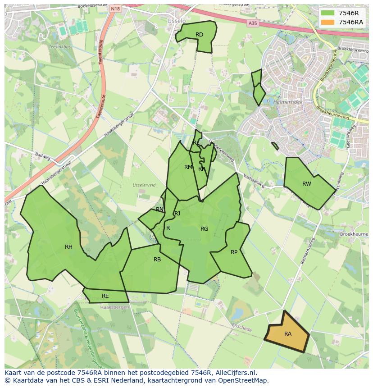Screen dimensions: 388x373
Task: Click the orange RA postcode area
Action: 287,334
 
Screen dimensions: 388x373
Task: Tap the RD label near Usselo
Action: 199,35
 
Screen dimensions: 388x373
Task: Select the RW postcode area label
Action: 307,183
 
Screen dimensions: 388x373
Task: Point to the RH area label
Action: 68,246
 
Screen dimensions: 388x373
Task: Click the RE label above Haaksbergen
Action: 105,296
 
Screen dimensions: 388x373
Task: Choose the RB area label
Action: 157,259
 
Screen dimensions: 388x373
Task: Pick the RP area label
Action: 234,252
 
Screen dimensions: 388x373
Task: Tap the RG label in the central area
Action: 204,228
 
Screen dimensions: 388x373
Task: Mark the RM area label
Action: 188,167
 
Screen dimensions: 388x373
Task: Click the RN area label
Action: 159,210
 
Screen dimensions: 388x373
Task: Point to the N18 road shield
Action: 116,9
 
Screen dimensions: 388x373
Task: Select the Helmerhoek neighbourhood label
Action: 287,102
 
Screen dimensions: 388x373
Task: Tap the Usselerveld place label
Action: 144,185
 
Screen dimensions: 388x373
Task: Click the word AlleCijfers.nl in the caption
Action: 236,373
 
